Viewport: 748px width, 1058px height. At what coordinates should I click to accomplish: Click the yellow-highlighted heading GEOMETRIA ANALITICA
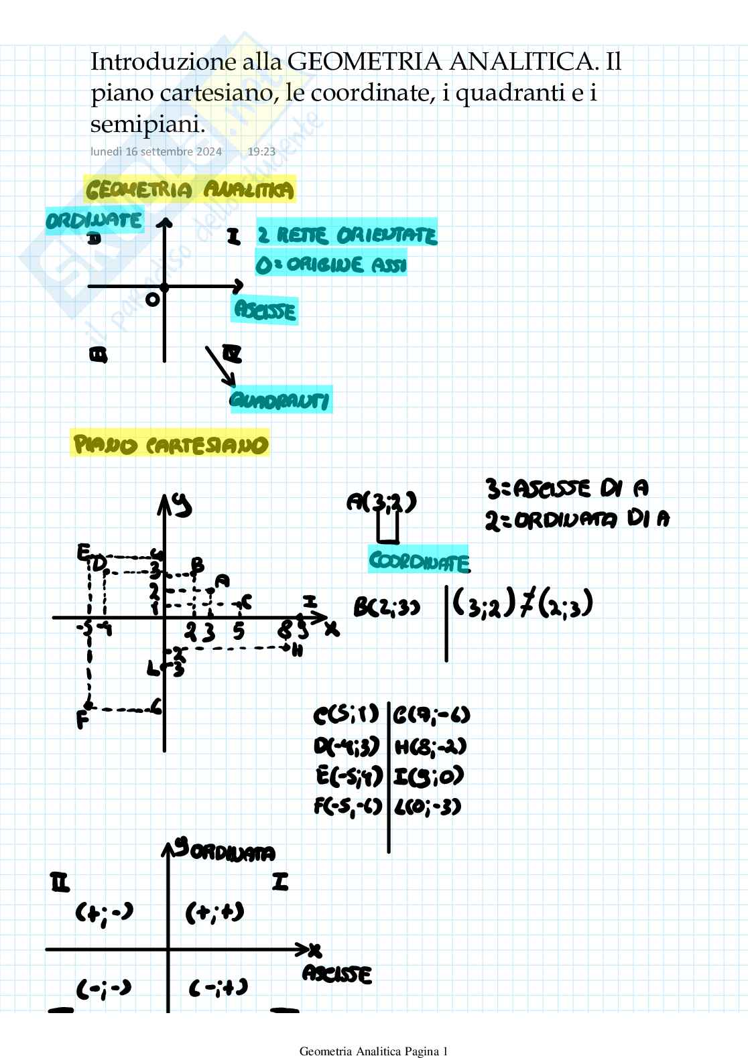[190, 190]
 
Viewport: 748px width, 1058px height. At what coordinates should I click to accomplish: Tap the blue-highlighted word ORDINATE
[95, 220]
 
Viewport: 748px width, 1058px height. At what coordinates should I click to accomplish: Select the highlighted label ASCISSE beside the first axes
[265, 311]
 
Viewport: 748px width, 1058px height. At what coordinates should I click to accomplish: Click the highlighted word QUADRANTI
[280, 401]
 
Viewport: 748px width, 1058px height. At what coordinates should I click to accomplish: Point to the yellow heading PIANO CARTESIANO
[170, 445]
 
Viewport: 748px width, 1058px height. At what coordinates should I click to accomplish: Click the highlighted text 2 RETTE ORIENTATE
[347, 235]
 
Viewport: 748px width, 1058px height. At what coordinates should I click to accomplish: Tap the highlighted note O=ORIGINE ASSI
[331, 265]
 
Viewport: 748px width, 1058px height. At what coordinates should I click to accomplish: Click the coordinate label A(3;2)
[381, 502]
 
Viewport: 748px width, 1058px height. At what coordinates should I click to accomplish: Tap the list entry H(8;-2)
[430, 746]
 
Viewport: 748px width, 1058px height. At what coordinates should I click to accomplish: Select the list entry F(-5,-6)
[348, 806]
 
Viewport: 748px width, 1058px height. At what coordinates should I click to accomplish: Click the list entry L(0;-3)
[429, 806]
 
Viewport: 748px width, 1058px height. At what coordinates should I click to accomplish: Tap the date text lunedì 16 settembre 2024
[156, 151]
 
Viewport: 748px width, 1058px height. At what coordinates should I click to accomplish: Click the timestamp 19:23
[261, 151]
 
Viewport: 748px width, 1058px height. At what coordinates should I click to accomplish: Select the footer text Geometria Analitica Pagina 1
[373, 1051]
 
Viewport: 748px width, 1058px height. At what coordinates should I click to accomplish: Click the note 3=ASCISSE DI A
[567, 489]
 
